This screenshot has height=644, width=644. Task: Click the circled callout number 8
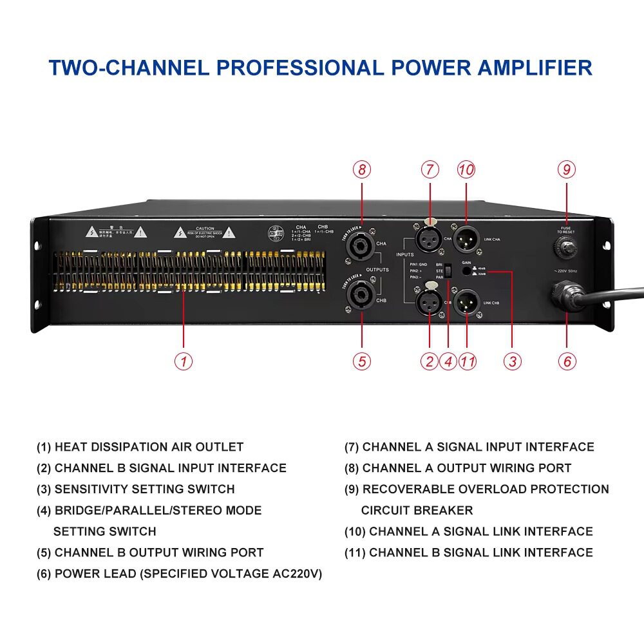[x=362, y=169]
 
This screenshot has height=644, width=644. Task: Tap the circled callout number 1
[x=184, y=361]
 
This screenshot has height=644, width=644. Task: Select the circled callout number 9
[x=567, y=169]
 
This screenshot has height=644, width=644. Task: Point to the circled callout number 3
[x=512, y=361]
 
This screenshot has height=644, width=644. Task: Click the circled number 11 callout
[x=468, y=361]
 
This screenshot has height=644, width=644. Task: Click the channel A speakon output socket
[x=361, y=245]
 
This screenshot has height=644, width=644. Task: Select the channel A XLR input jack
[x=429, y=240]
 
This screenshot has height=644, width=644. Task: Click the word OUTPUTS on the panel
[x=378, y=270]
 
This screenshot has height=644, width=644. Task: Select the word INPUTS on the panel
[x=405, y=255]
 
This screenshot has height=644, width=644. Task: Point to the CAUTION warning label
[x=205, y=231]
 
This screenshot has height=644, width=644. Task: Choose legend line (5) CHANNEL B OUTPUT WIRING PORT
[x=150, y=553]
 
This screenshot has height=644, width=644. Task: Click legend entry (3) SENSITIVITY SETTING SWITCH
[x=136, y=489]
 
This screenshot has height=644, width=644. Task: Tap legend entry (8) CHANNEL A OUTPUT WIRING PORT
[x=458, y=468]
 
